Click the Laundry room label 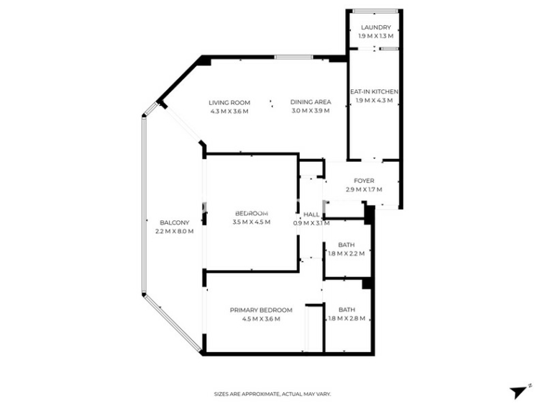376,27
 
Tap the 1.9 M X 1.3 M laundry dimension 376,36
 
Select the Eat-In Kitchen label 374,92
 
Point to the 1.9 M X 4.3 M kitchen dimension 374,101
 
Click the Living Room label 229,103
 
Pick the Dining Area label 311,102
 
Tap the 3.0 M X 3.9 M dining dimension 311,111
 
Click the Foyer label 364,181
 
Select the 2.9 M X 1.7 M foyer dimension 364,189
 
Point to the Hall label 311,215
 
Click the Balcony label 175,222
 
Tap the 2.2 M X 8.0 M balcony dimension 175,231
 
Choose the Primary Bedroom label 261,310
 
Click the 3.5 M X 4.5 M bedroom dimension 252,222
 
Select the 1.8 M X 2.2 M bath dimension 347,253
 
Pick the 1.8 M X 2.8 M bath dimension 347,318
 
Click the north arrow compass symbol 519,392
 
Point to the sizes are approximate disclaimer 272,394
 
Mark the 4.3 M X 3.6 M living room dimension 229,112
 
